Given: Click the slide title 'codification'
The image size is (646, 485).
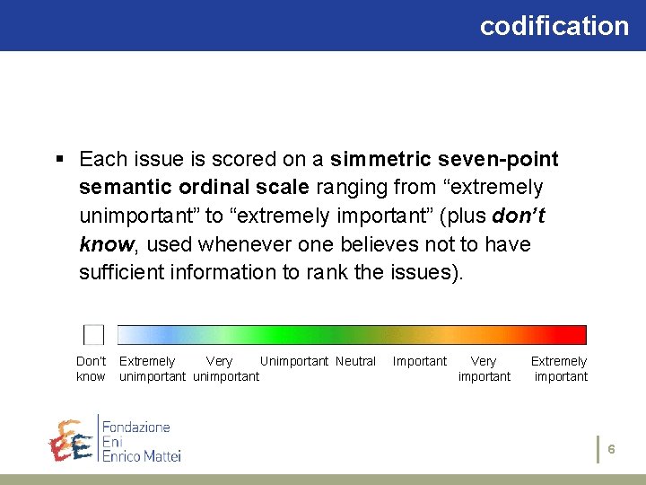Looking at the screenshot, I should point(554,26).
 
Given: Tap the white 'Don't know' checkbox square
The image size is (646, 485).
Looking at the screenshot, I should point(93,335).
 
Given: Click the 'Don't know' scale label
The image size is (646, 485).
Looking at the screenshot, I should point(91,369).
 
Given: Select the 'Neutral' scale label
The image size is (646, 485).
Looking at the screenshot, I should point(356,361).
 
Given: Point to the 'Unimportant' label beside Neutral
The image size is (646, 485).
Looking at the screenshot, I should point(295,361).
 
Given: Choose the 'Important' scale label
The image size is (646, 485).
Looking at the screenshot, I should point(419,361).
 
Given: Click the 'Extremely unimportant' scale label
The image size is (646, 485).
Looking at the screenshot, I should point(152,369).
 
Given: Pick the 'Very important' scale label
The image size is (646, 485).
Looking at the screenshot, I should point(484,369).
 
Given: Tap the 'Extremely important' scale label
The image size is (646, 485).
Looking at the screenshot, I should point(559,369).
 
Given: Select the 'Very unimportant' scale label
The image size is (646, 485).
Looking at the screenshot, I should point(224,369).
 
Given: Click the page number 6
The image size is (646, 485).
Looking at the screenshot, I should point(611,448).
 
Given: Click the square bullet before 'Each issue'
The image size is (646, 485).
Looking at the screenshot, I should point(60,160).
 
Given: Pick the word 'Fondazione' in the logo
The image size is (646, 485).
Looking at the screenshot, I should point(135,426).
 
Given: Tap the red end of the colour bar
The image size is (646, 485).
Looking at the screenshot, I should point(580,335).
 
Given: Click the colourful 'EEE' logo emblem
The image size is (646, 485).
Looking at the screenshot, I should point(70,441).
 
